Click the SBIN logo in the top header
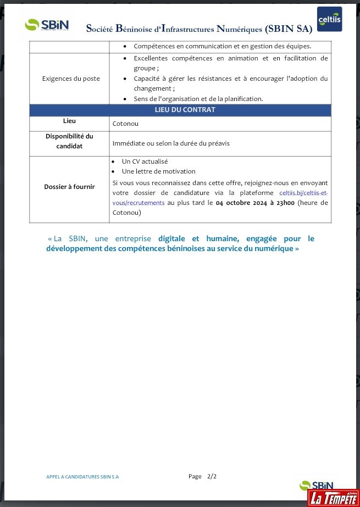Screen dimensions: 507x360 (47, 25)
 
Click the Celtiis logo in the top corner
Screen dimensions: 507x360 (329, 19)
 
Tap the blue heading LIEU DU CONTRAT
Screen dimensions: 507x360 (180, 110)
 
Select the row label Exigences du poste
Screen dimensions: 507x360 (71, 79)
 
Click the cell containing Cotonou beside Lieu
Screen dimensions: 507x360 (125, 124)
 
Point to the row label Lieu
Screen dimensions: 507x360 (69, 121)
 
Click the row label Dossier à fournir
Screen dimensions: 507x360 (69, 187)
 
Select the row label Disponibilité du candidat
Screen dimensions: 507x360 (69, 141)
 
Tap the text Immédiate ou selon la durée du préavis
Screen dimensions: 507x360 (171, 143)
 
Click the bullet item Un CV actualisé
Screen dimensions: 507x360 (145, 161)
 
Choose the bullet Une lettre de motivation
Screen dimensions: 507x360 (158, 171)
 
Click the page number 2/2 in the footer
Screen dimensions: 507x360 (212, 476)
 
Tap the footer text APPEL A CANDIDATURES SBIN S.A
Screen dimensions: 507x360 (82, 477)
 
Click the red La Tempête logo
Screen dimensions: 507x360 (333, 497)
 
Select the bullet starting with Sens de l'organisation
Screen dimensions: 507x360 (198, 99)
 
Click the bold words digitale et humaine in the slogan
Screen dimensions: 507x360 (198, 239)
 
